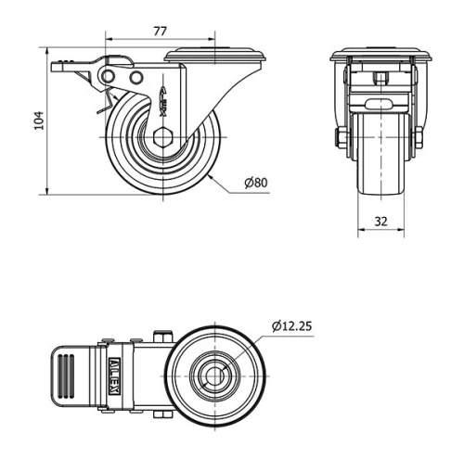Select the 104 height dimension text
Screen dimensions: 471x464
(x=38, y=121)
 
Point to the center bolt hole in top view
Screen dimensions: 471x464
(x=215, y=376)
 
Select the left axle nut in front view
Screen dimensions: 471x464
(x=342, y=138)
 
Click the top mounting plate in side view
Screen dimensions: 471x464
(x=216, y=57)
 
